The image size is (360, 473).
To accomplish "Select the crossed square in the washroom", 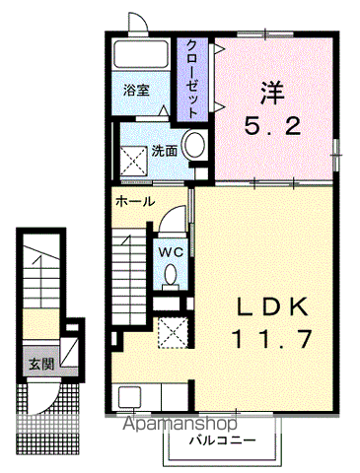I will click(x=132, y=156).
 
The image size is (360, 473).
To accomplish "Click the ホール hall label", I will click(x=133, y=201).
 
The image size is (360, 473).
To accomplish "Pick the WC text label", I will click(x=172, y=251).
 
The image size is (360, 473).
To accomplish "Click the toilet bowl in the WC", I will click(x=172, y=277).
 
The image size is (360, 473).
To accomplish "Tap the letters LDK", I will click(x=271, y=304).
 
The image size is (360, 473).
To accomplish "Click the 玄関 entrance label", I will click(x=41, y=365).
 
